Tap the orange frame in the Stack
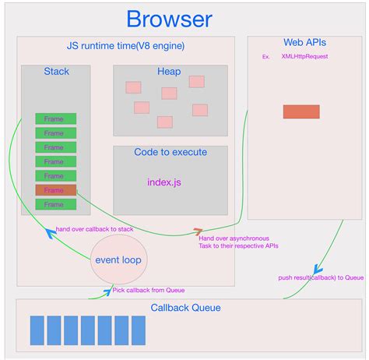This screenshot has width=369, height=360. pyautogui.click(x=55, y=190)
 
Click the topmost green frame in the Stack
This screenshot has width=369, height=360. pyautogui.click(x=55, y=118)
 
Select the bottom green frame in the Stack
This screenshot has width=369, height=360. pyautogui.click(x=55, y=204)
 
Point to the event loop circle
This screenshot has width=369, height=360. pyautogui.click(x=118, y=260)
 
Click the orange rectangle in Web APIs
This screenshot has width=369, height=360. pyautogui.click(x=301, y=111)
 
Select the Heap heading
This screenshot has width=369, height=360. pyautogui.click(x=169, y=72)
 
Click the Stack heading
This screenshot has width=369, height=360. pyautogui.click(x=55, y=72)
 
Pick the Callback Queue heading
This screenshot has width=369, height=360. pyautogui.click(x=185, y=308)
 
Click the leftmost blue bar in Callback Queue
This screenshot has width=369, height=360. pyautogui.click(x=37, y=330)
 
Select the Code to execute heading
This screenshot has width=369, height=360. pyautogui.click(x=170, y=153)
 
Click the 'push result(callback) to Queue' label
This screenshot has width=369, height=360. pyautogui.click(x=321, y=277)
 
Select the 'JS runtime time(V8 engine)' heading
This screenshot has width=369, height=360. pyautogui.click(x=125, y=46)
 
